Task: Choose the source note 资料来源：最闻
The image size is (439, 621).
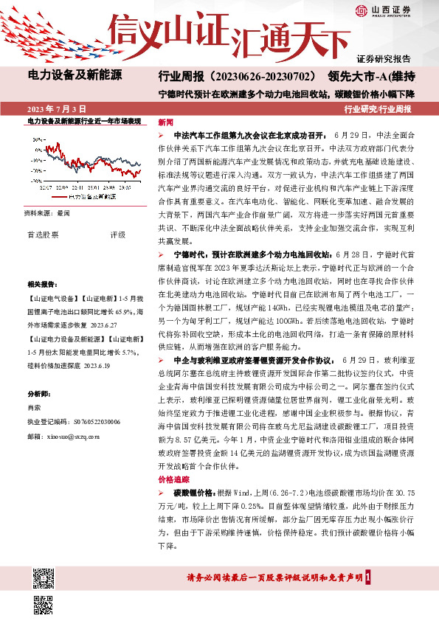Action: pos(47,212)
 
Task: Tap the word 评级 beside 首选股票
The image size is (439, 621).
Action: pos(118,235)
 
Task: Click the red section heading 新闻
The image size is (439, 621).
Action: pos(166,122)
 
